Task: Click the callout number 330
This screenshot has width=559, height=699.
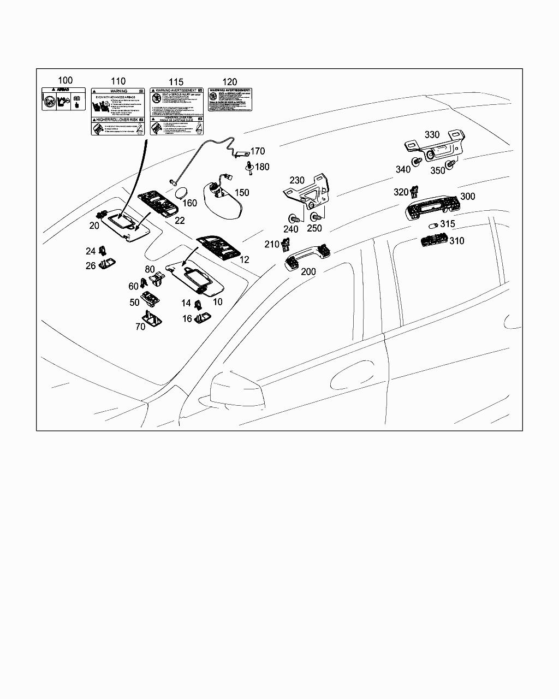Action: pyautogui.click(x=432, y=135)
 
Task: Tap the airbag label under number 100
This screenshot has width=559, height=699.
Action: pyautogui.click(x=63, y=98)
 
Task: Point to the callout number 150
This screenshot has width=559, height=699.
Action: pyautogui.click(x=241, y=193)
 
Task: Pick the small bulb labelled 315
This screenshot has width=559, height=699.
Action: pyautogui.click(x=433, y=225)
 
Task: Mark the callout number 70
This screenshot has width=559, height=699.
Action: pyautogui.click(x=140, y=327)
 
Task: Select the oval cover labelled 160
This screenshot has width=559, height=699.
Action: pyautogui.click(x=181, y=193)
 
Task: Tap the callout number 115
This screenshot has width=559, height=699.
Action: pyautogui.click(x=176, y=82)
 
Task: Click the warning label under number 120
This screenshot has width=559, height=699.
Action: pyautogui.click(x=230, y=99)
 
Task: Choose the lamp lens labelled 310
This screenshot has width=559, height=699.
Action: pyautogui.click(x=433, y=240)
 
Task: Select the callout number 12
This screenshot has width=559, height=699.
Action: pyautogui.click(x=245, y=260)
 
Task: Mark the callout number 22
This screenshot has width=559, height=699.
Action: pyautogui.click(x=179, y=220)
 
